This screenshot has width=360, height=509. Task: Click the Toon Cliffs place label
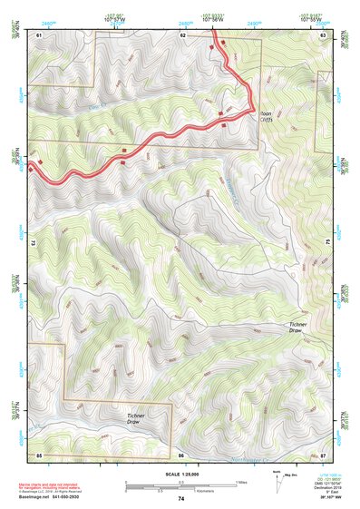point(267,118)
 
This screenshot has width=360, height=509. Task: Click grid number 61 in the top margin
point(39,34)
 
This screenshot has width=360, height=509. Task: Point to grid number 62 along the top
point(182,34)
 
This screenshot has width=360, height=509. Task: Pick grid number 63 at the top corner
point(324,34)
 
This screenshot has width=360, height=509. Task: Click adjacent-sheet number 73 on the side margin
point(33,243)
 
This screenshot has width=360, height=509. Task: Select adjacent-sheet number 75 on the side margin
point(328,243)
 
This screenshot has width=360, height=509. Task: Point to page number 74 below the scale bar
point(180,499)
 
